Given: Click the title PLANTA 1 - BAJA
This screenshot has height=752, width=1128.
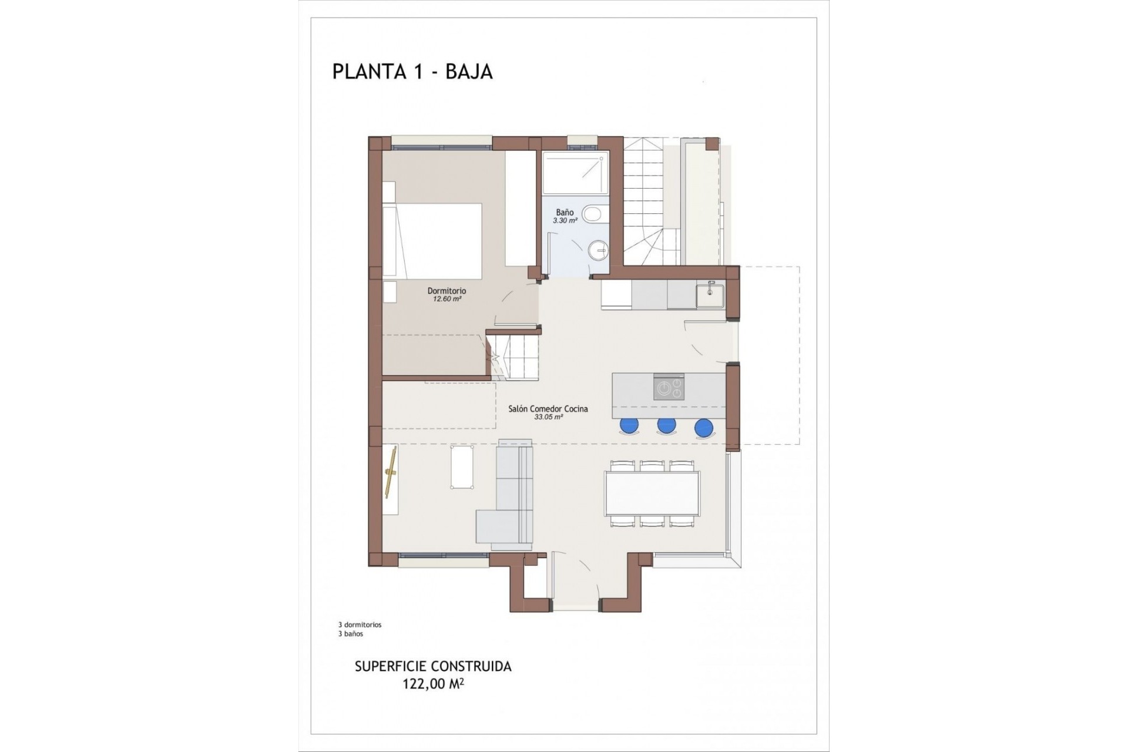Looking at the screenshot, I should pos(412,71).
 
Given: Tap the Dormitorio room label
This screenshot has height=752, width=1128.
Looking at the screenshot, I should pos(446,291).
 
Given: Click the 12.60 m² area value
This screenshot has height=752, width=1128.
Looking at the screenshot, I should pos(446,299).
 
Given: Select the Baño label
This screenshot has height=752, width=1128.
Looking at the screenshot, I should pos(565,212).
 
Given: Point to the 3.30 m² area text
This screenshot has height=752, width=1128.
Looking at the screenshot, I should pos(565,221).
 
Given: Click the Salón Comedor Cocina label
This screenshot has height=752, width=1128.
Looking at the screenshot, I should pos(548,409).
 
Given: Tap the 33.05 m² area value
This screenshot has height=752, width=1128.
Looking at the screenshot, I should pos(548,417).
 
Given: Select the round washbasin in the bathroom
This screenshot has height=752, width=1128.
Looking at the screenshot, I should pos(597,250).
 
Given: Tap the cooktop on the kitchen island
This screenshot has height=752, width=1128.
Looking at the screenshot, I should pos(669,388).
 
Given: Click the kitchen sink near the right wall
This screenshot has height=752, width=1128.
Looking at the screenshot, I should pos(710,296).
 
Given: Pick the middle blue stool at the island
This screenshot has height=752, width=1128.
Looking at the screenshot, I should pos(666,425).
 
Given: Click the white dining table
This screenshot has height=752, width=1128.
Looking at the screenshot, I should pos(653,494).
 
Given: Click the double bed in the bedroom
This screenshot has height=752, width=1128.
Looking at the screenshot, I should pos(433,240).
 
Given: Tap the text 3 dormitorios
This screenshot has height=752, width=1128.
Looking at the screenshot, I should pos(360,625).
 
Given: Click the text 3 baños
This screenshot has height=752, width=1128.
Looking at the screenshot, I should pos(350,634).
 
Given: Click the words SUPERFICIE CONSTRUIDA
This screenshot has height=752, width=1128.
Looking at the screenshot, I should pos(433,667).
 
